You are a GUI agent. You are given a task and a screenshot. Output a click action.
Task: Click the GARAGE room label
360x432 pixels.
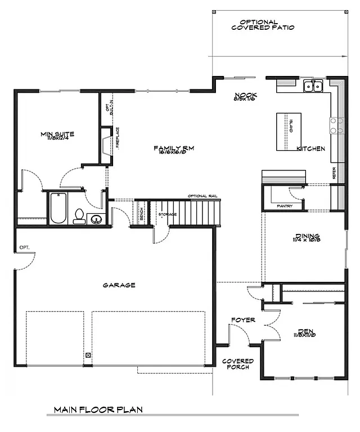click(x=119, y=285)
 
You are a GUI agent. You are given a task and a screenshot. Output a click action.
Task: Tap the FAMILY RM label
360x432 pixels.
click(x=174, y=148)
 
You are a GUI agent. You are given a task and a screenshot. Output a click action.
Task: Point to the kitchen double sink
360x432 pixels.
click(x=313, y=86)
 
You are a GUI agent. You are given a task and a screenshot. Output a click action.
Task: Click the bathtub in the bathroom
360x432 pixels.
click(x=58, y=208)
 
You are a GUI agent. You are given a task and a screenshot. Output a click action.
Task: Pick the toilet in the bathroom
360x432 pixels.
click(x=80, y=215)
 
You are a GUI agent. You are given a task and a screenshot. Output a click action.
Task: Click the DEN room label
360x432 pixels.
click(x=307, y=332)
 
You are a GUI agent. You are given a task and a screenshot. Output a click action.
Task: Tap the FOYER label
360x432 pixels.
click(x=243, y=320)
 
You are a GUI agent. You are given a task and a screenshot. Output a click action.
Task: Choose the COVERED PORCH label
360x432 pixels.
click(x=238, y=364)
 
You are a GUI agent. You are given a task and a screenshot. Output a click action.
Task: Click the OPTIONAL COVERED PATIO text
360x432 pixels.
click(x=263, y=25)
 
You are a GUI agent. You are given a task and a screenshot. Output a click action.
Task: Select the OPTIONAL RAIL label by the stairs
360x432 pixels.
click(x=203, y=196)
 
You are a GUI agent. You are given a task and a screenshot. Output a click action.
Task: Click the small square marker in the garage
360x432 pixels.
click(x=88, y=355)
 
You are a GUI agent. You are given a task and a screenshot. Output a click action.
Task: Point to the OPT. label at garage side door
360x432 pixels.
click(x=24, y=247)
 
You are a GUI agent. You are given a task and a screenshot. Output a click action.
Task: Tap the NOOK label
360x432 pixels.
click(x=246, y=96)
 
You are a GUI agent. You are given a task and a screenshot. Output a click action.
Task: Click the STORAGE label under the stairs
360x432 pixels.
click(x=166, y=214)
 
